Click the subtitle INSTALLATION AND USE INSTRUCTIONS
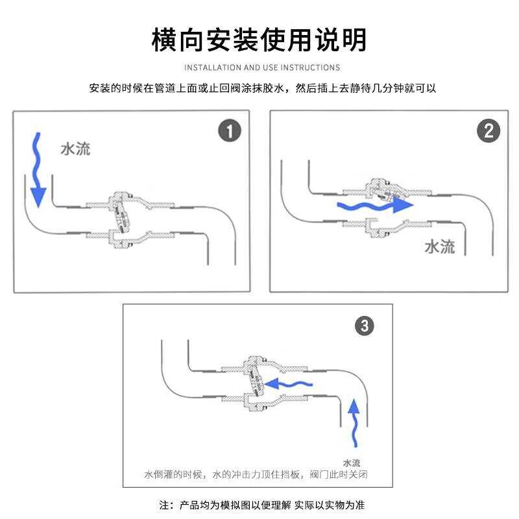click(262, 67)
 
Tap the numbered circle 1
click(229, 132)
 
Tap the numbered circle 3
click(365, 326)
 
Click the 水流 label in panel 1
click(75, 149)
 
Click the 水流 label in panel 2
click(440, 247)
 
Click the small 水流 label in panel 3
click(352, 463)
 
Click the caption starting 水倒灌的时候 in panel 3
click(259, 475)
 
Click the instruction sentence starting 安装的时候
click(262, 88)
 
